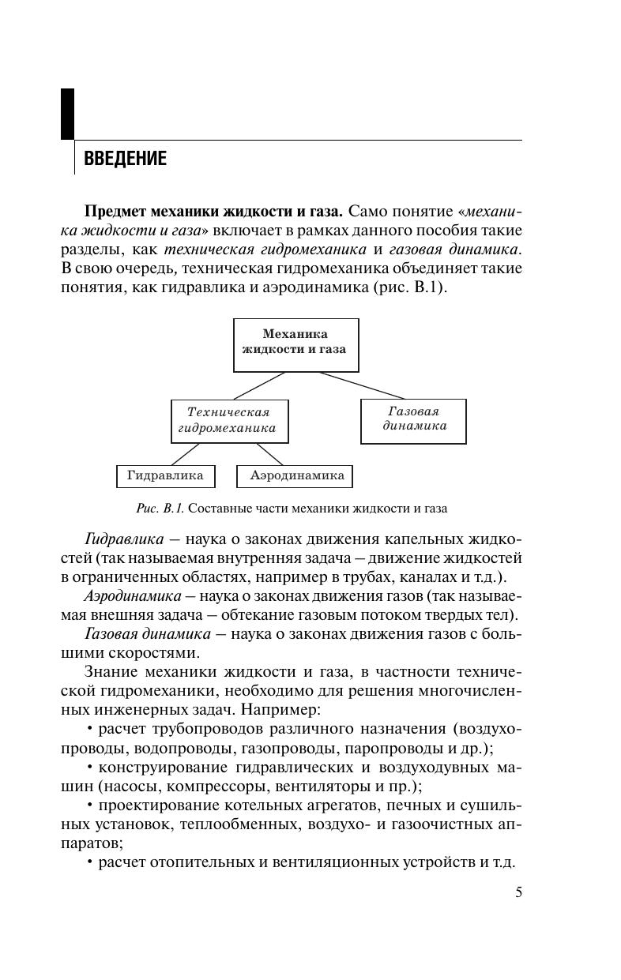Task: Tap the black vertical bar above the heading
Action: click(x=67, y=114)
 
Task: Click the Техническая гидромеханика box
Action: click(x=230, y=421)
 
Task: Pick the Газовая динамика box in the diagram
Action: click(x=413, y=420)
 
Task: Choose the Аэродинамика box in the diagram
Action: click(x=295, y=476)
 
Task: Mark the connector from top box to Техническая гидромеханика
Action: click(x=258, y=385)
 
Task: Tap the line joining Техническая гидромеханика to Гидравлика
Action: click(x=186, y=454)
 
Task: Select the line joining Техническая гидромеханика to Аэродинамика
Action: click(x=269, y=454)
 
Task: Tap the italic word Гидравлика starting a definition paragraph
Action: click(x=124, y=539)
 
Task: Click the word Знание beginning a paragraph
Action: click(x=108, y=672)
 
